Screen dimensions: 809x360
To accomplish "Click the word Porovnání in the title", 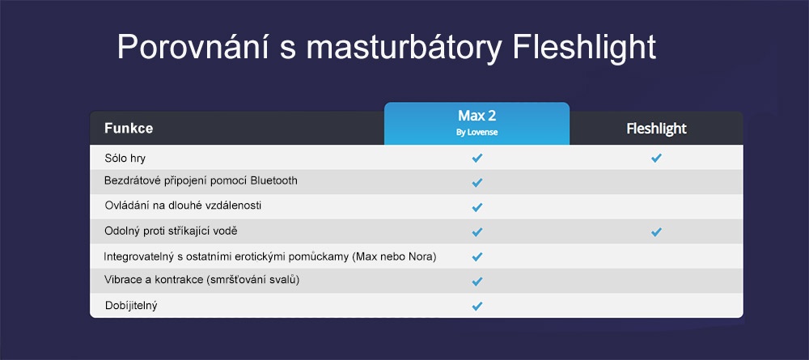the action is click(x=192, y=48).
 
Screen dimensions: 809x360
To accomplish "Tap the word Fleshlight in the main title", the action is click(x=584, y=48).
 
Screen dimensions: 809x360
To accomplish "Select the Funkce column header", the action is click(x=129, y=129).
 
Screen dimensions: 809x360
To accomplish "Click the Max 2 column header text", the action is click(x=477, y=116).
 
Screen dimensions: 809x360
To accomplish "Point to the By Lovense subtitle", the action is click(x=477, y=133).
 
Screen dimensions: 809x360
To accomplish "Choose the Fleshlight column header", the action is click(x=656, y=129).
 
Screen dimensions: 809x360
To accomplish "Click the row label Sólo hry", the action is click(x=125, y=159).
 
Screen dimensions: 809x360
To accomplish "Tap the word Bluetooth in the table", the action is click(x=273, y=181).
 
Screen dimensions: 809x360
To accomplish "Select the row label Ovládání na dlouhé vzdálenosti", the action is click(x=183, y=205).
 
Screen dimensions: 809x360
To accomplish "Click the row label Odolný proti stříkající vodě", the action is click(x=171, y=231).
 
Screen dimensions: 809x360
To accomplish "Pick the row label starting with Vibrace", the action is click(x=202, y=281).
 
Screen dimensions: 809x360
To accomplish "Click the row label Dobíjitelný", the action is click(x=131, y=305).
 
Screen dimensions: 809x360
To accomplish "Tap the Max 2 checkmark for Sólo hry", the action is click(x=477, y=158).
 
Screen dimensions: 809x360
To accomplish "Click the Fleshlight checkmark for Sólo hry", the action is click(x=656, y=158).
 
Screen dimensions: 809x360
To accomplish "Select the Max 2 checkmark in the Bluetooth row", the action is click(x=477, y=183).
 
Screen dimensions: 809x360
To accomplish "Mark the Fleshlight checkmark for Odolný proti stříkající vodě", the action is click(x=656, y=232).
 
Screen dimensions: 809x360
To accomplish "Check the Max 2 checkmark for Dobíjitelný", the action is click(x=477, y=307).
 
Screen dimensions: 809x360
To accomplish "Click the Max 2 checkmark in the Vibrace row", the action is click(x=477, y=282).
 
